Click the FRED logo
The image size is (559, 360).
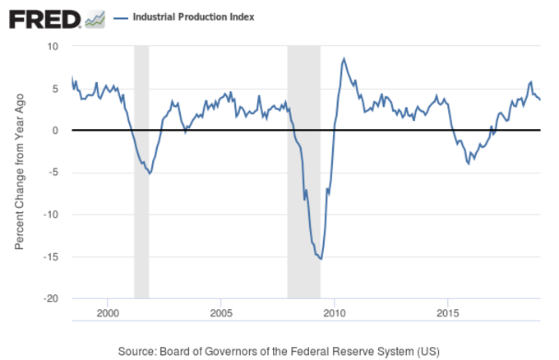(x=45, y=18)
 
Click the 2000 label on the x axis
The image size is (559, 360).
(x=108, y=313)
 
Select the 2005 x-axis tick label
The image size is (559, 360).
(x=221, y=313)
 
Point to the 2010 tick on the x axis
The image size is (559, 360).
(x=334, y=313)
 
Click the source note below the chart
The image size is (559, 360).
(x=279, y=351)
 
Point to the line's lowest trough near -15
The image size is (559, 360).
(x=321, y=259)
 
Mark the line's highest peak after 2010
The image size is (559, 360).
(x=344, y=58)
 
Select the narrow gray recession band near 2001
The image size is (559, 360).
(x=141, y=172)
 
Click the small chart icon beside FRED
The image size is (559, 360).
(x=95, y=18)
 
